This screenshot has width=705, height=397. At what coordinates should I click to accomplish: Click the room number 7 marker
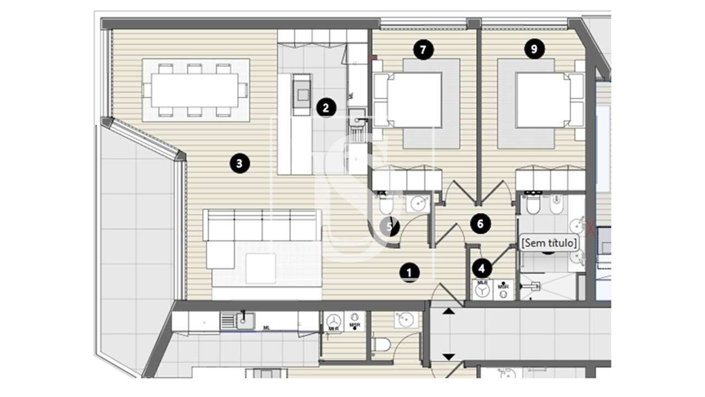tap(423, 50)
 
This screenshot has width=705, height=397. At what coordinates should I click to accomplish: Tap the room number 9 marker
tap(534, 50)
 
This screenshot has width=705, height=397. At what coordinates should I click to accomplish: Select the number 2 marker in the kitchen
tap(326, 108)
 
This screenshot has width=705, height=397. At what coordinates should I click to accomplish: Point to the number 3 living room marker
tap(238, 163)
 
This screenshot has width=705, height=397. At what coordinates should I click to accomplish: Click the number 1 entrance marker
tap(409, 272)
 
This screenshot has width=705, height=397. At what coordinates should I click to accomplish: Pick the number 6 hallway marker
tap(480, 224)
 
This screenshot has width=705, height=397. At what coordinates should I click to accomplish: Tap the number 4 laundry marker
tap(482, 269)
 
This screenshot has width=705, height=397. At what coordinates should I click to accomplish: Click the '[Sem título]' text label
tap(549, 242)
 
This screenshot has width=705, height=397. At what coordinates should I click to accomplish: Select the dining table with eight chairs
tap(196, 90)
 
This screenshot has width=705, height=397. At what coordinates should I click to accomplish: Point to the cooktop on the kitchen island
tap(302, 94)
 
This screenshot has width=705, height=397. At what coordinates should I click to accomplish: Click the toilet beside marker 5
tap(386, 206)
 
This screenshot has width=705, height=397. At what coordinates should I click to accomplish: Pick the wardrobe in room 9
tap(550, 180)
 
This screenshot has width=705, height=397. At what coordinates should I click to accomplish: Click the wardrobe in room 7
tap(407, 179)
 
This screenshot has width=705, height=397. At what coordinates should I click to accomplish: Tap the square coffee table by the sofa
tap(261, 268)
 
